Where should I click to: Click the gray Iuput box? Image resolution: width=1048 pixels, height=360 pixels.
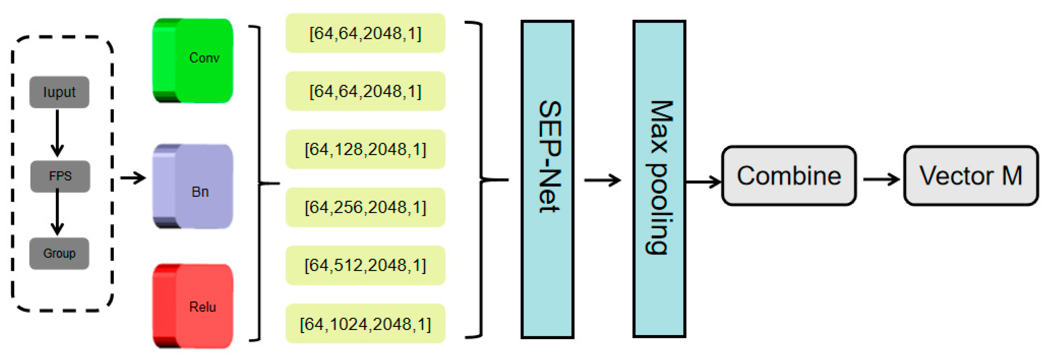tap(60, 92)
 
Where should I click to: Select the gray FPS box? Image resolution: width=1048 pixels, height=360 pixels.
tap(60, 176)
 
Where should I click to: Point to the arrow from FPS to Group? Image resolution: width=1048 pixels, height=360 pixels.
tap(57, 212)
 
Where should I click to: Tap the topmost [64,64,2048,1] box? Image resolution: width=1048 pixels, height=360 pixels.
tap(365, 33)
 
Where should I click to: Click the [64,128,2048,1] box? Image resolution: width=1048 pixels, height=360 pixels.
tap(365, 149)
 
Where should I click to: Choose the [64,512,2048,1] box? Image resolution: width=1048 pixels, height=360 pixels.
tap(365, 265)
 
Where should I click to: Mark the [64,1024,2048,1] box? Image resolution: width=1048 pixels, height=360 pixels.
tap(365, 324)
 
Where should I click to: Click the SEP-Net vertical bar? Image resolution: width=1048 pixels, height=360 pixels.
tap(547, 179)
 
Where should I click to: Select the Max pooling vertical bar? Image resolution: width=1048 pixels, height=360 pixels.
tap(659, 179)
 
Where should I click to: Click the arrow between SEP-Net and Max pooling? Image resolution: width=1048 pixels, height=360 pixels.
tap(603, 180)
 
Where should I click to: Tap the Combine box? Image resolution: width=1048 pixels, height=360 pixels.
tap(788, 176)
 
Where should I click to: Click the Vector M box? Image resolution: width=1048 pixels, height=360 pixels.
tap(970, 176)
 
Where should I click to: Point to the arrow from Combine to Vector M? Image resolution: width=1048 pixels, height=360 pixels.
tap(881, 179)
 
